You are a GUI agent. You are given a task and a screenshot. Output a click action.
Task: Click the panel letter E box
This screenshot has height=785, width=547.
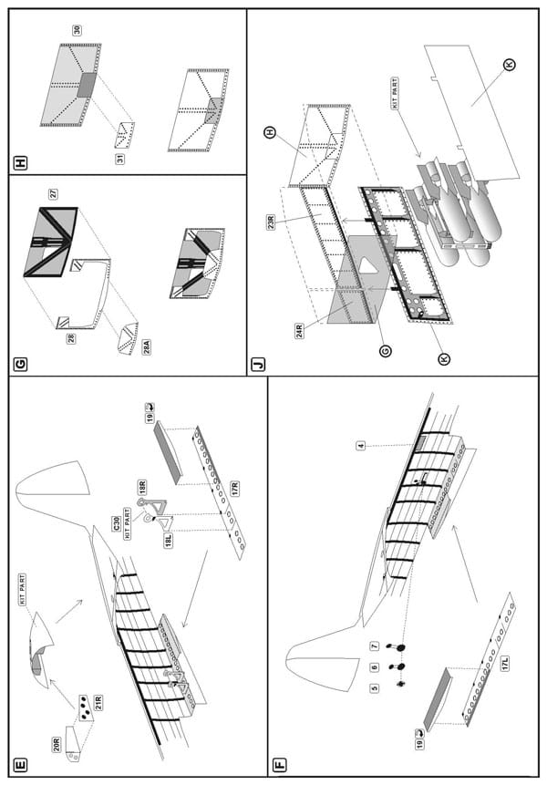click(x=21, y=765)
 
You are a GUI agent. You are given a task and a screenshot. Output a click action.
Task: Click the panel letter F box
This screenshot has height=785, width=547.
click(x=280, y=765)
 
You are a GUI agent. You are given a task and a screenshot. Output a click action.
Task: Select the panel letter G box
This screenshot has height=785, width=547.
click(x=21, y=365)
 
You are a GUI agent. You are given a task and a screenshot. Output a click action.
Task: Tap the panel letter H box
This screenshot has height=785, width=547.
click(x=21, y=163)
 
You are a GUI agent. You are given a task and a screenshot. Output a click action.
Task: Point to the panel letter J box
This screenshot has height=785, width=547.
click(x=259, y=365)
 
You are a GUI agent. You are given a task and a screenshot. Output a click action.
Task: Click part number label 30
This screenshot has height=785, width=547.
click(x=77, y=30)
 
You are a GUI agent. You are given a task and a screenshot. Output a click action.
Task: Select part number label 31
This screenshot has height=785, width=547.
click(x=120, y=159)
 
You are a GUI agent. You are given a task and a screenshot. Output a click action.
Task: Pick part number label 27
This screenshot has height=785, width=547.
click(x=53, y=194)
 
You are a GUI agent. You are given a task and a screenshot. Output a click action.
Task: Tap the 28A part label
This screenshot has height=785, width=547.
click(x=147, y=346)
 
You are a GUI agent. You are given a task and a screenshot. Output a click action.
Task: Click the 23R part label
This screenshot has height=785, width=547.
click(x=271, y=222)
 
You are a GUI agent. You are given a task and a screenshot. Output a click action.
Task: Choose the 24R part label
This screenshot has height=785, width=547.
click(x=300, y=331)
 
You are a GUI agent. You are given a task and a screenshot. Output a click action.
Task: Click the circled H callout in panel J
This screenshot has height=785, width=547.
click(x=270, y=132)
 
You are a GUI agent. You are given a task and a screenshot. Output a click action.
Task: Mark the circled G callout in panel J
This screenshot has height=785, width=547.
click(x=385, y=351)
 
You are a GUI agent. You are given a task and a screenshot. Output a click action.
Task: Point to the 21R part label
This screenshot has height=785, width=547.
click(x=98, y=703)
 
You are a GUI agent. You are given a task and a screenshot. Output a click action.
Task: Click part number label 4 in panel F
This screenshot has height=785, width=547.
click(x=361, y=445)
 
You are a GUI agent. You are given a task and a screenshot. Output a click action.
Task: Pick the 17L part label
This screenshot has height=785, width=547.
click(x=505, y=664)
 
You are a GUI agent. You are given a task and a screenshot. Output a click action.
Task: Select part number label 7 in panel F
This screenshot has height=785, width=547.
click(x=375, y=646)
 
